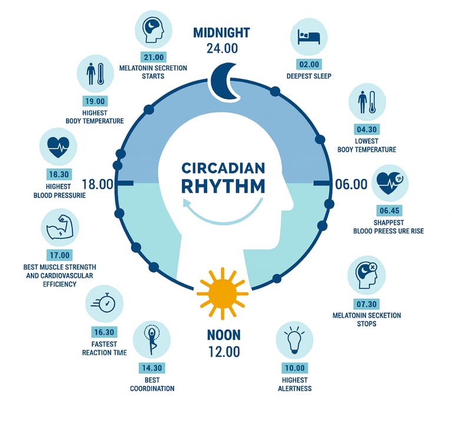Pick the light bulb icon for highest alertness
tap(294, 341)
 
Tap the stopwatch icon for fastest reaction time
tap(105, 304)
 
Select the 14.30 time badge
tap(152, 368)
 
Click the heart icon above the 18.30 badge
tap(58, 146)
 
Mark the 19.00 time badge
tap(95, 102)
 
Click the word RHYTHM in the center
tap(223, 186)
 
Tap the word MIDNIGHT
tap(221, 32)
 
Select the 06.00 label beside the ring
tap(351, 184)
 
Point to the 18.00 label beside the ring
tap(98, 184)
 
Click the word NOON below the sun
tap(224, 335)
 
